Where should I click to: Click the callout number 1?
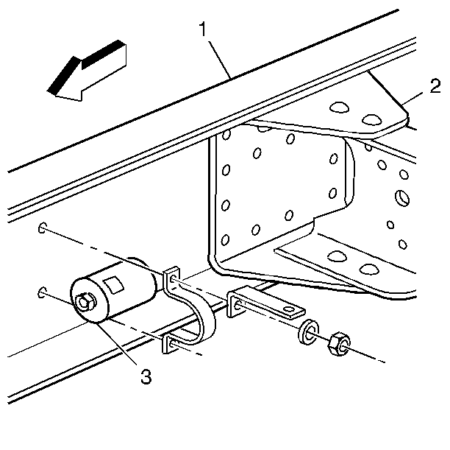(203, 29)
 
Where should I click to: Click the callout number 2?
(435, 86)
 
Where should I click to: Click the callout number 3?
(146, 376)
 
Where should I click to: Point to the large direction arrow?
(86, 71)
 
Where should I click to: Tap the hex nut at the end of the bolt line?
(339, 345)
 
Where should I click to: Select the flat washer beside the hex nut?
(308, 332)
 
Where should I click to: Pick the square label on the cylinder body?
(114, 285)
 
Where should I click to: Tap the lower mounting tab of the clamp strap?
(168, 344)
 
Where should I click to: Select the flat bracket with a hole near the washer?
(265, 302)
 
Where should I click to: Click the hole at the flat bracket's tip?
(289, 309)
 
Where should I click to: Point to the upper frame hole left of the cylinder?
(42, 228)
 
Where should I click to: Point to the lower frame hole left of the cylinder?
(42, 292)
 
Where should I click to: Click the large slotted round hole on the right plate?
(402, 197)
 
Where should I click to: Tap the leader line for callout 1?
(220, 60)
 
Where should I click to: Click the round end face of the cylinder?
(90, 300)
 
